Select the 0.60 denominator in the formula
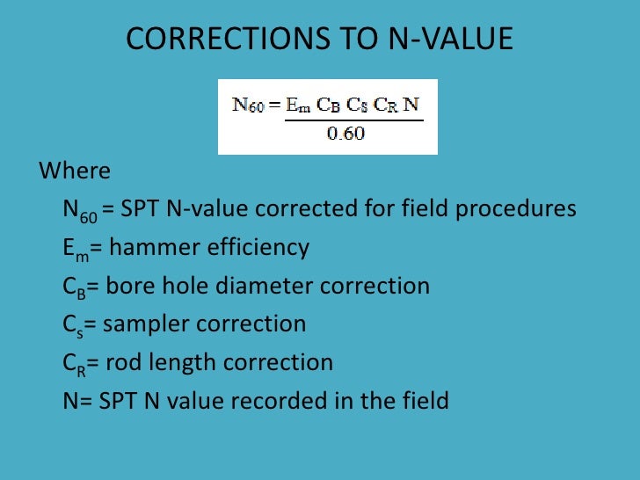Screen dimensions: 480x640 coord(345,135)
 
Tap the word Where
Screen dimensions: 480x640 coord(75,171)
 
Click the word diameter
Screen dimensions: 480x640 coord(267,286)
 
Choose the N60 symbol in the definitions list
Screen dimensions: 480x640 coord(79,210)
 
